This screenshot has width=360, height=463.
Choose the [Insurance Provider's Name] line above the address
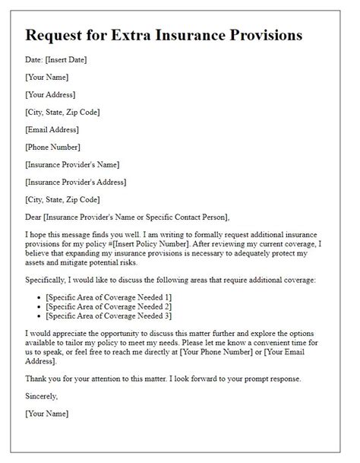click(72, 164)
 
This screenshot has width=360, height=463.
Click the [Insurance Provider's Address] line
click(76, 182)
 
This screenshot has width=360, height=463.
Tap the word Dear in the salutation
click(33, 217)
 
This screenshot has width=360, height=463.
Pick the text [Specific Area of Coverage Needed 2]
click(109, 305)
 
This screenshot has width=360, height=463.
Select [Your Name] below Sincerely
click(46, 414)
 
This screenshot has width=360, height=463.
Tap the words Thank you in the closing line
click(43, 379)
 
